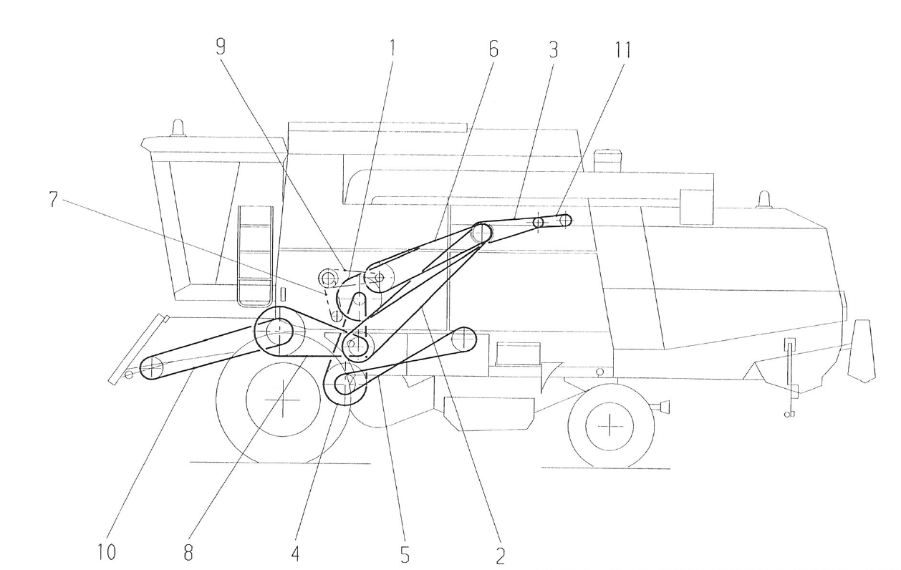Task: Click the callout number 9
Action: (221, 48)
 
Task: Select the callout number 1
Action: (392, 48)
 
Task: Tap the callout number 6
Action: (493, 48)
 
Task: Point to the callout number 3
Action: (553, 48)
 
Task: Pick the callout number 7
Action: (54, 198)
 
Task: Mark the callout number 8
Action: (188, 554)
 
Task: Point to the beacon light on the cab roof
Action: (177, 127)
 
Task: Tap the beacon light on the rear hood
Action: (763, 198)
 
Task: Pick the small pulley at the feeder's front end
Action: (151, 368)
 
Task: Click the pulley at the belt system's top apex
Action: (481, 232)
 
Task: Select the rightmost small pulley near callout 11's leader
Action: (564, 221)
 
